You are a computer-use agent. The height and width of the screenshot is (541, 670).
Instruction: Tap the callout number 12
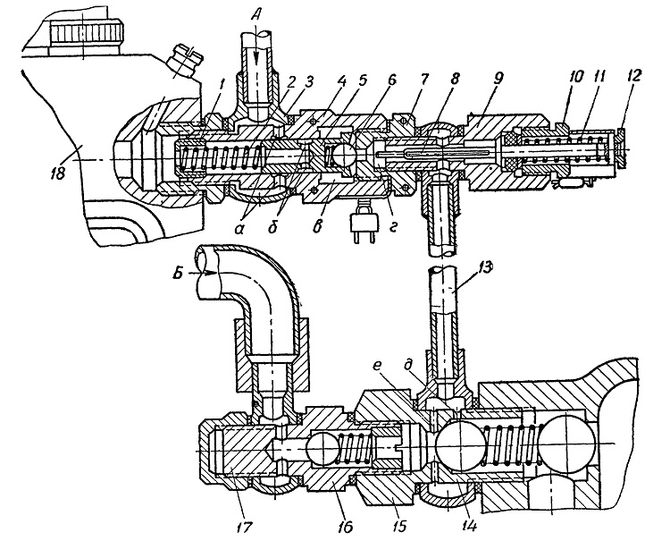click(633, 77)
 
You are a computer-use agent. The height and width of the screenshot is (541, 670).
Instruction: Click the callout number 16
click(344, 526)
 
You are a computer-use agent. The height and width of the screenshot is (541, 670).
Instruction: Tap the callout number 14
click(468, 525)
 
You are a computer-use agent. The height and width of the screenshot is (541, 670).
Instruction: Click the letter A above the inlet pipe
click(255, 16)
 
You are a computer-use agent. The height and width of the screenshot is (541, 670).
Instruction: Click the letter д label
click(421, 368)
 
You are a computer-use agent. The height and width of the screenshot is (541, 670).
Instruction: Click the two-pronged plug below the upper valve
click(364, 226)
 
